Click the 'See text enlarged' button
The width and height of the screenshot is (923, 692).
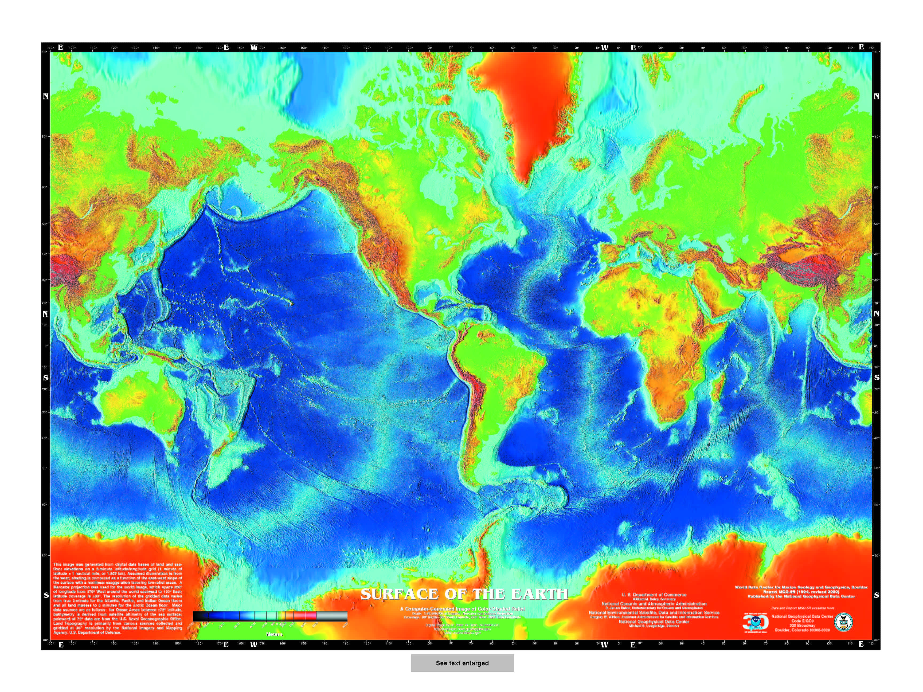point(462,663)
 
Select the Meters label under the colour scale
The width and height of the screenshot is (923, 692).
point(274,634)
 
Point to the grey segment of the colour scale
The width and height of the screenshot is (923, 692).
point(332,616)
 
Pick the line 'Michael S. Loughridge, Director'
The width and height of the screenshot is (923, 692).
point(654,626)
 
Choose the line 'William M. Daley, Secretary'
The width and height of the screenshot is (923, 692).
point(654,599)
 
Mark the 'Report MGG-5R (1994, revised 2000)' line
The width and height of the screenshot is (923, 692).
point(801,591)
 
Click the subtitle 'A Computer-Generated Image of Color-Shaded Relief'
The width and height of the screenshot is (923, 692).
point(462,609)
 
